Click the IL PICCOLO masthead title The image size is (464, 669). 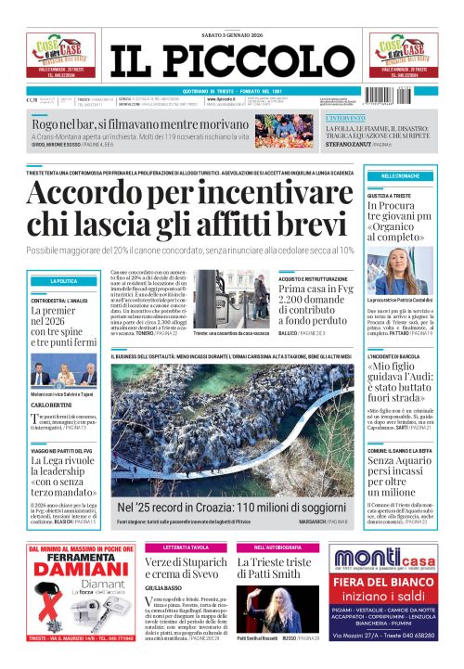[x=231, y=60]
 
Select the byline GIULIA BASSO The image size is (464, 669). [x=162, y=587]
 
